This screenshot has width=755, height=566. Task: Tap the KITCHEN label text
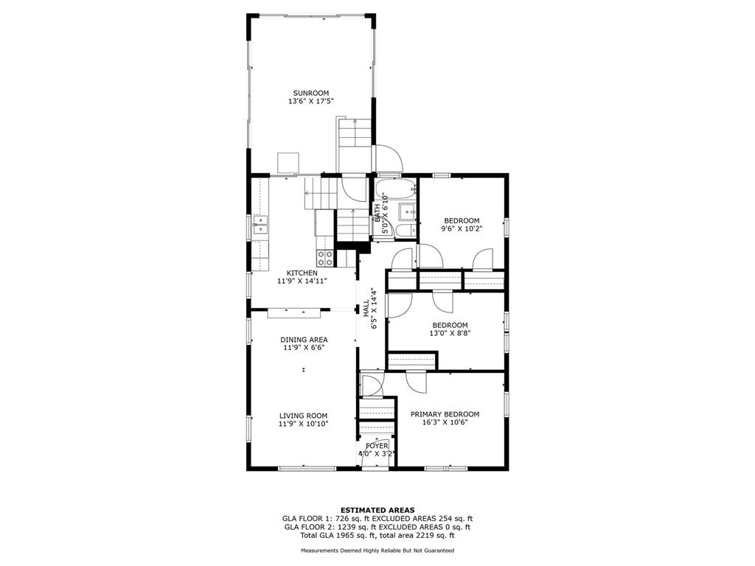(302, 273)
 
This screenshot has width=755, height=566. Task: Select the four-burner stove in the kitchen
(325, 258)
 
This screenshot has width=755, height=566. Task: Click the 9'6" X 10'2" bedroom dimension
(462, 229)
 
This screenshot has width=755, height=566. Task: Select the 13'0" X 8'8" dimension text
(450, 332)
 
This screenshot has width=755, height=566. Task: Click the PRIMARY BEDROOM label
(445, 414)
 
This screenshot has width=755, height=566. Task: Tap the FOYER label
(377, 446)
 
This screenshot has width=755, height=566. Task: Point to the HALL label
(366, 308)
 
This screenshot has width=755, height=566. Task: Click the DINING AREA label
(304, 340)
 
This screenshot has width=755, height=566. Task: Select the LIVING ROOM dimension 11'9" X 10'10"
(303, 424)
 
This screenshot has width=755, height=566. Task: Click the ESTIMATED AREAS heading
(377, 510)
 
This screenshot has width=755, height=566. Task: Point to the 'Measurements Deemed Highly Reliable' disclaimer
(377, 550)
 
